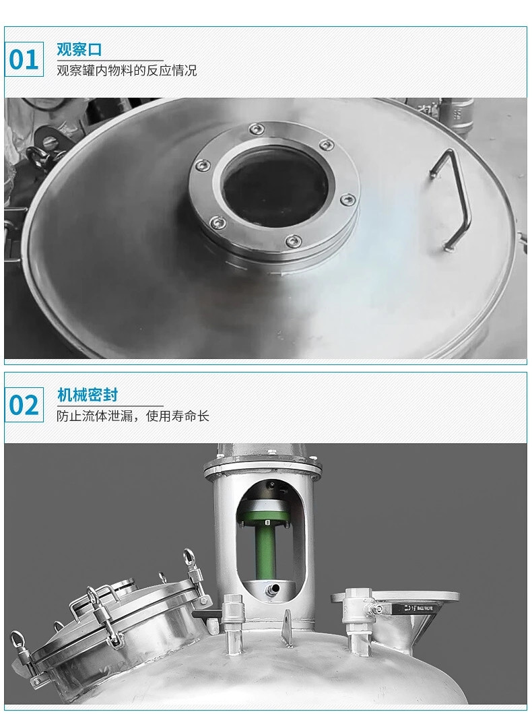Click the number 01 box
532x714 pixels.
pyautogui.click(x=24, y=59)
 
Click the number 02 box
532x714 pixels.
pyautogui.click(x=24, y=405)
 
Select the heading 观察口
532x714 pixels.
pyautogui.click(x=79, y=49)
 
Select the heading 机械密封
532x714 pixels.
pyautogui.click(x=88, y=395)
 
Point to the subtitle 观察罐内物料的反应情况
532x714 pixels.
pyautogui.click(x=127, y=71)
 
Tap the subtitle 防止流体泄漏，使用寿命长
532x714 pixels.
pyautogui.click(x=133, y=416)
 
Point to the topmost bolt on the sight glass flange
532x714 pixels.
pyautogui.click(x=257, y=129)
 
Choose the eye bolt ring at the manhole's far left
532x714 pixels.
pyautogui.click(x=19, y=638)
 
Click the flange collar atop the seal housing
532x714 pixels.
pyautogui.click(x=263, y=467)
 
